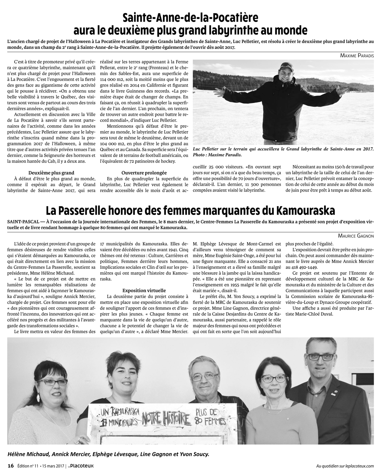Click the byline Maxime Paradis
pyautogui.click(x=357, y=55)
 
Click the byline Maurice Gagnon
pyautogui.click(x=356, y=235)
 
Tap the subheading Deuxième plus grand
pyautogui.click(x=52, y=173)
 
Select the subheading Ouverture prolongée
pyautogui.click(x=144, y=173)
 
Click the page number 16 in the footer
pyautogui.click(x=11, y=466)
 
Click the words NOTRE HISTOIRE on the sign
pyautogui.click(x=166, y=417)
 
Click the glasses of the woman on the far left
pyautogui.click(x=52, y=382)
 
